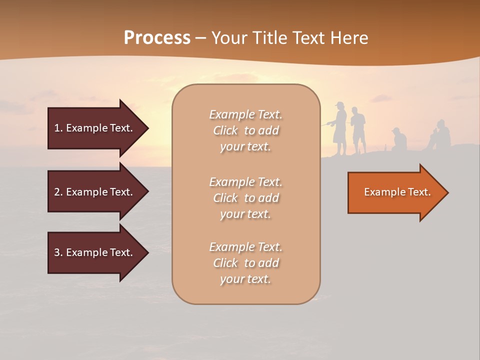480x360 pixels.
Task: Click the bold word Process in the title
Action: (157, 38)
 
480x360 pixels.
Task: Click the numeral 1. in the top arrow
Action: (58, 128)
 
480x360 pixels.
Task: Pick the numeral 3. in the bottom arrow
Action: (58, 252)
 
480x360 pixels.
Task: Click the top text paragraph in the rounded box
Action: (245, 130)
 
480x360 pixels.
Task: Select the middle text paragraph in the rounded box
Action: (245, 198)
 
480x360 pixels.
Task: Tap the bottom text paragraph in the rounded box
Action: (245, 263)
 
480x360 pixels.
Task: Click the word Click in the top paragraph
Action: (225, 131)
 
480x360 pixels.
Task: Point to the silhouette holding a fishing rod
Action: (340, 127)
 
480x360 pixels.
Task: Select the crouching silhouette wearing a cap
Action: (398, 140)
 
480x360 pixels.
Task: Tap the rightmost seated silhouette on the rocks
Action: (440, 135)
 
